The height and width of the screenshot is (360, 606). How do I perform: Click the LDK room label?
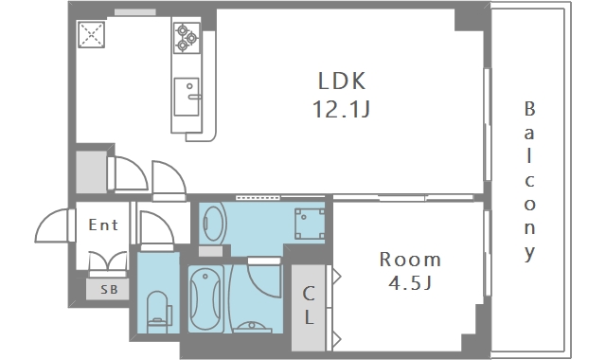(342, 81)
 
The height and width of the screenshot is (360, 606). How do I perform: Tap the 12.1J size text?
(341, 109)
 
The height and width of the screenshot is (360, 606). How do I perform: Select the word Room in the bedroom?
(410, 260)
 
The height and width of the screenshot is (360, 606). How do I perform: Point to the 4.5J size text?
(410, 283)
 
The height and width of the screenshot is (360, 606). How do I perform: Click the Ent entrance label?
(103, 225)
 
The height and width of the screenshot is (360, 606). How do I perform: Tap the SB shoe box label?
(109, 289)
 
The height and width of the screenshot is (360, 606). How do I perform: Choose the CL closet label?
(309, 305)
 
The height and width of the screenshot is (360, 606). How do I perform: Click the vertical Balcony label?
(530, 181)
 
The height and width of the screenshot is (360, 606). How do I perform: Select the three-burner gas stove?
(187, 38)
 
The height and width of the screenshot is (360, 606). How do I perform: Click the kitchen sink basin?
(187, 97)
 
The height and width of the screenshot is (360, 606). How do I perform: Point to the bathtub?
(206, 298)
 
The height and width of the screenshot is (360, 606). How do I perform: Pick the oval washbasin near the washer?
(213, 224)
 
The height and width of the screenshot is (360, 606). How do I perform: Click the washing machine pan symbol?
(310, 224)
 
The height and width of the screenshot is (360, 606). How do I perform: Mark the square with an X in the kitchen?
(91, 34)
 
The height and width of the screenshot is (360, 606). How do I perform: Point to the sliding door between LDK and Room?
(403, 198)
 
